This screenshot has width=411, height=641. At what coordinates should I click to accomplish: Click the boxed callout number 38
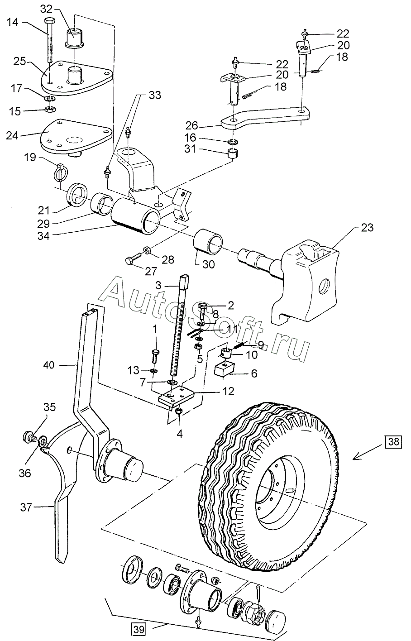[x=393, y=441]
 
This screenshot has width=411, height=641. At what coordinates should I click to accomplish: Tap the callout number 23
[x=367, y=228]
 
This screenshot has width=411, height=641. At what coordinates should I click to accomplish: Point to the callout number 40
[x=49, y=365]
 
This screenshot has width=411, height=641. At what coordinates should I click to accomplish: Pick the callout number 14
[x=12, y=22]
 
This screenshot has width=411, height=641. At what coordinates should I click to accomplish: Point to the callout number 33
[x=155, y=95]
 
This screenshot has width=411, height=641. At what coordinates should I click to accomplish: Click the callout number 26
[x=192, y=125]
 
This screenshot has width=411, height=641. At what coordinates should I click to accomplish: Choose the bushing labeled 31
[x=234, y=153]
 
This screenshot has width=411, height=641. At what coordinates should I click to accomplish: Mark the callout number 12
[x=228, y=391]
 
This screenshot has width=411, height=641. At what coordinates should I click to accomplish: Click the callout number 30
[x=208, y=264]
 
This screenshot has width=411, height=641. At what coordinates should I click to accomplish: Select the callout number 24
[x=12, y=135]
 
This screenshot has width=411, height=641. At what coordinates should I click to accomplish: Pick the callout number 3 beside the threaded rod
[x=158, y=285]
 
